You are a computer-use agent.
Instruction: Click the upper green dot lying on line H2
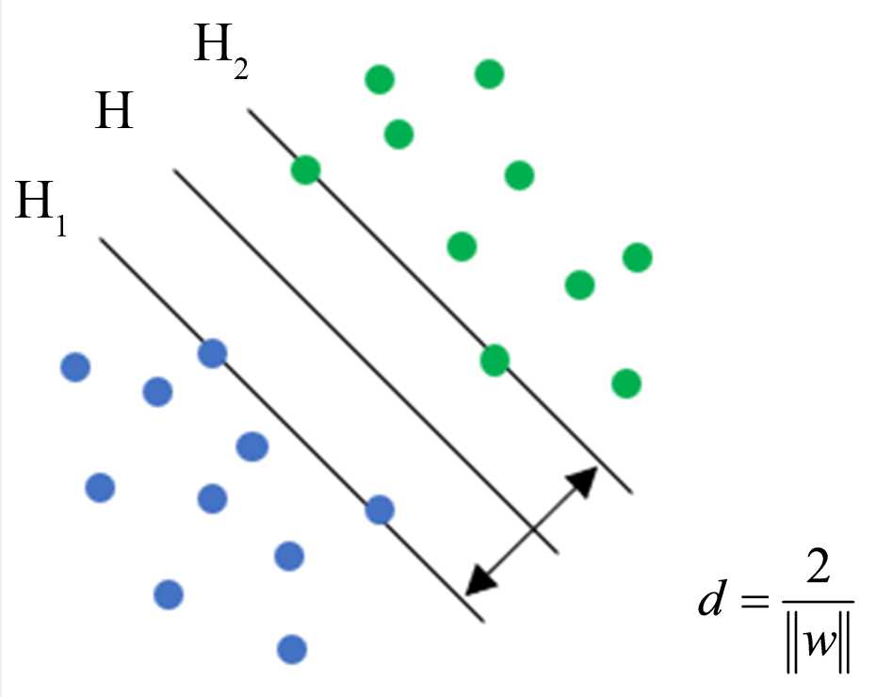coord(305,170)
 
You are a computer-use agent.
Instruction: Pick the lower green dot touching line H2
coord(495,359)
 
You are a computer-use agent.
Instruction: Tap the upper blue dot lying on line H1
coord(213,353)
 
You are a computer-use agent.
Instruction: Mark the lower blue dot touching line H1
coord(379,510)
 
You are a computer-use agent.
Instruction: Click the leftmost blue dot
coord(75,366)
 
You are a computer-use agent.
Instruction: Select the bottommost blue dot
coord(292,648)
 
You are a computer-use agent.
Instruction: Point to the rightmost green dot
coord(637,256)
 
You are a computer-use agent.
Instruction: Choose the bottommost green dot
coord(625,383)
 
